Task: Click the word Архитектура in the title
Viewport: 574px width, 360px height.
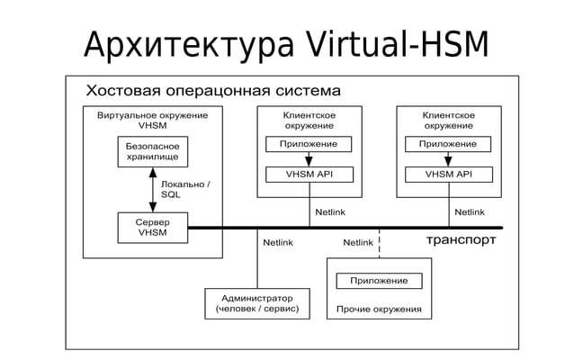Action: click(x=185, y=44)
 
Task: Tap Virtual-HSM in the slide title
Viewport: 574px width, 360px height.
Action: click(x=396, y=44)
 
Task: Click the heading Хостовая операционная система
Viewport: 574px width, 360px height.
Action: click(x=212, y=91)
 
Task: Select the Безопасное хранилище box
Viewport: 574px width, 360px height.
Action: click(x=152, y=151)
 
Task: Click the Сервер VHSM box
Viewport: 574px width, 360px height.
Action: click(x=152, y=227)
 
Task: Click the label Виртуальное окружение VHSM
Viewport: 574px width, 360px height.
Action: click(x=152, y=121)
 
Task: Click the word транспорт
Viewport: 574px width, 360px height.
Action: click(x=461, y=241)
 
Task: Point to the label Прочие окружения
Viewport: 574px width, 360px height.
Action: click(x=378, y=310)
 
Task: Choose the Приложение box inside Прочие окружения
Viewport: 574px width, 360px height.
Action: click(x=379, y=281)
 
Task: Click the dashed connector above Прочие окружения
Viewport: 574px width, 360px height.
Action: click(x=379, y=243)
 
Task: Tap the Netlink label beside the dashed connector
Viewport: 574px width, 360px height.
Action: click(x=358, y=242)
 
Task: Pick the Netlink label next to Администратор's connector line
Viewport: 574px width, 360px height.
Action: click(x=278, y=242)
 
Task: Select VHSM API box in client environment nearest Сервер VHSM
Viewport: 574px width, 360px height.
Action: click(x=309, y=174)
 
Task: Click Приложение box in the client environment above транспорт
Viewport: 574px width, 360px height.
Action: click(x=448, y=144)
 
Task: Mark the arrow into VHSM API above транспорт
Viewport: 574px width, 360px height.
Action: click(x=448, y=159)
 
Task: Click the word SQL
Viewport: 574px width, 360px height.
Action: click(x=171, y=194)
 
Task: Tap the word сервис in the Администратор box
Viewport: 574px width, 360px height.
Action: click(x=278, y=310)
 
